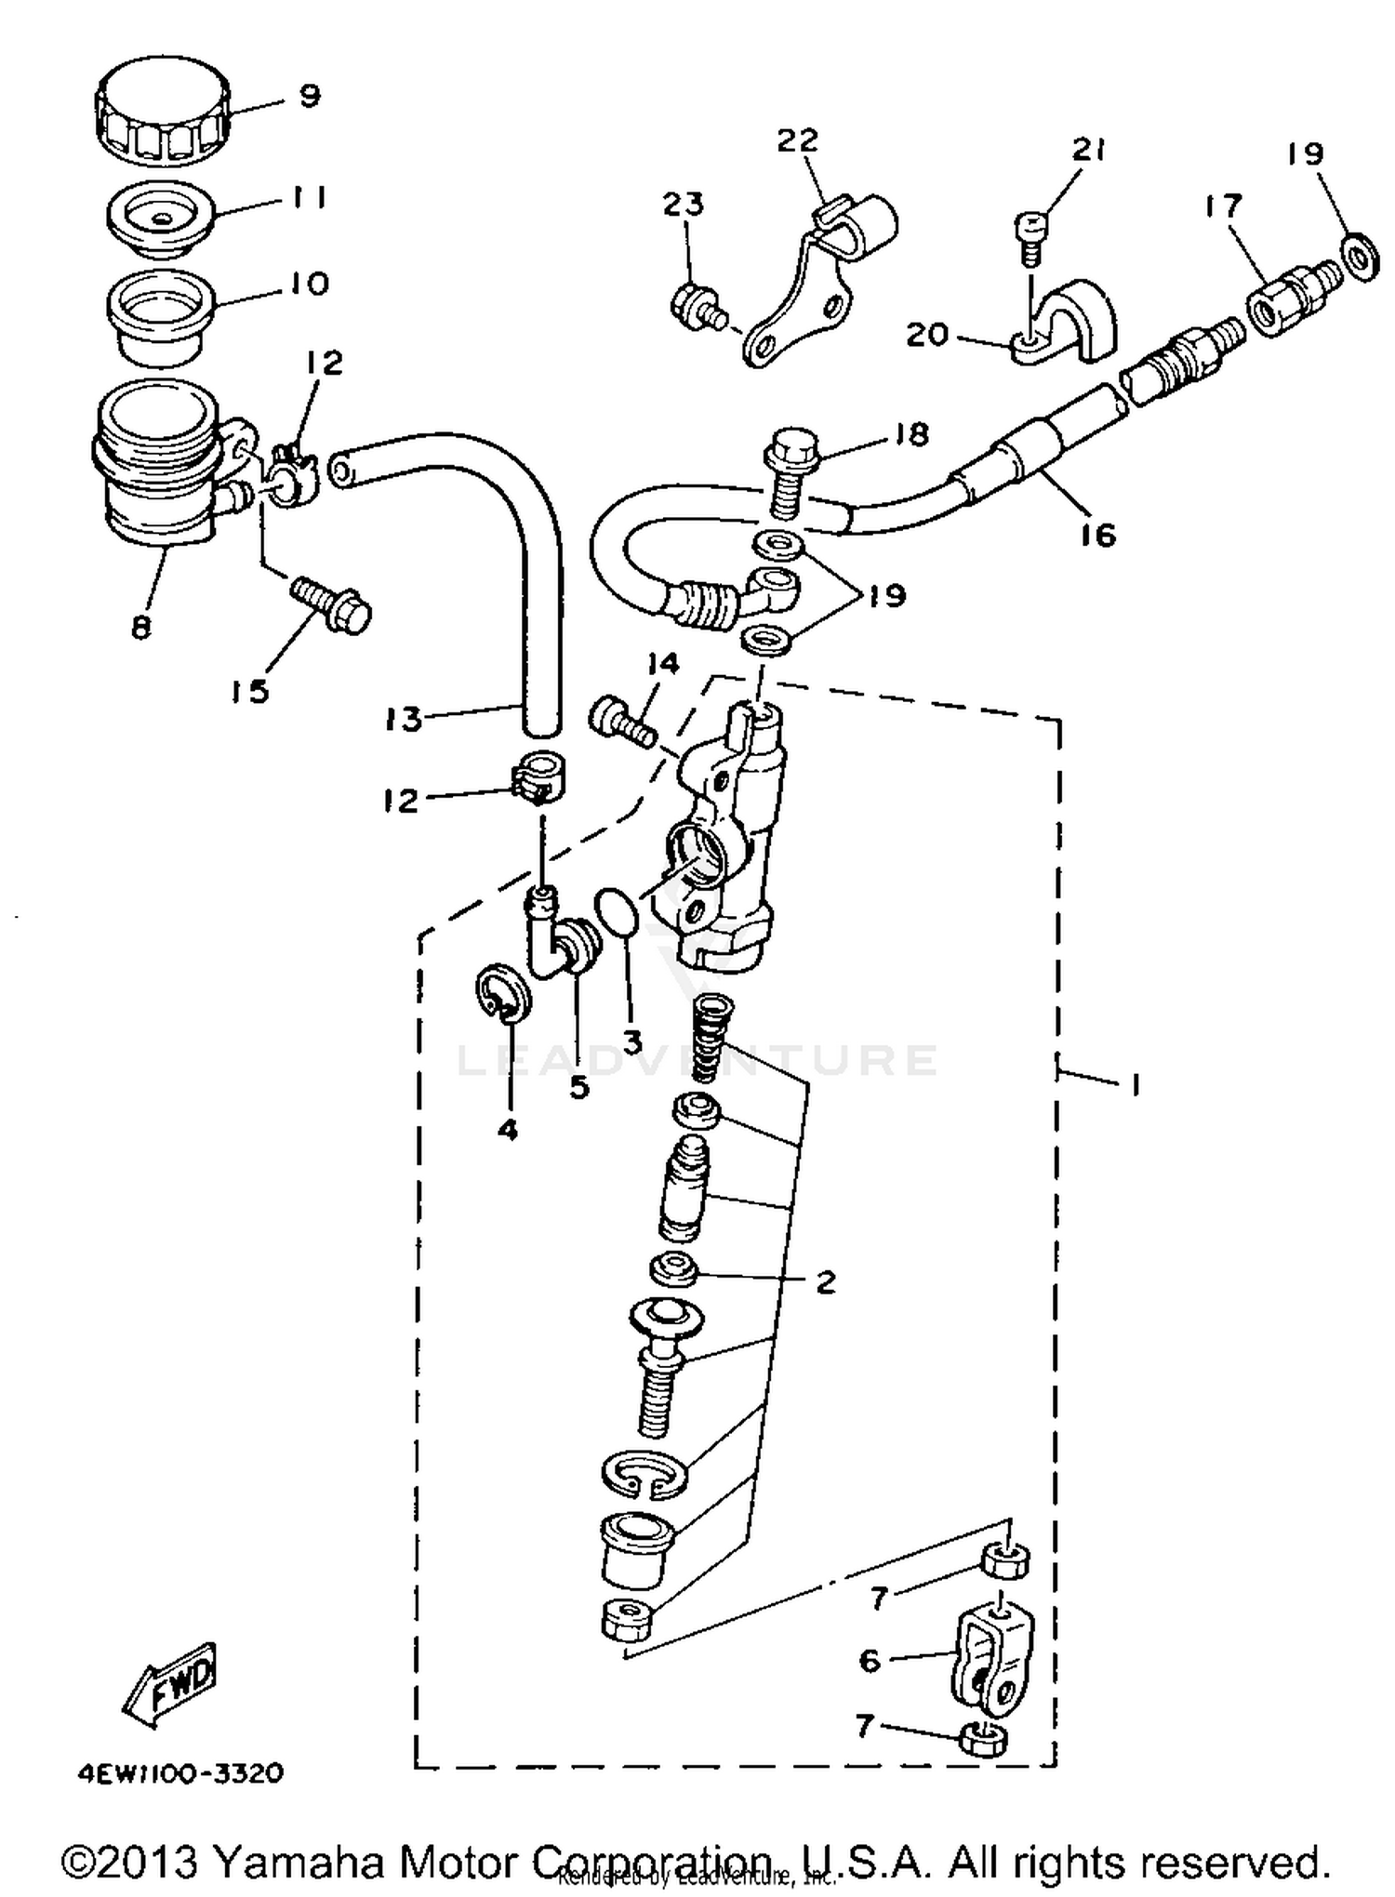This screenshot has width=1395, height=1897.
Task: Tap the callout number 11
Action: (x=309, y=197)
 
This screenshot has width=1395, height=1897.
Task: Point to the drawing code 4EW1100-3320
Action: (x=179, y=1773)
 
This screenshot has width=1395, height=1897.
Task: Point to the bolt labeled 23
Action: (x=693, y=307)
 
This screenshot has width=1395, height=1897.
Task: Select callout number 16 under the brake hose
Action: (x=1097, y=535)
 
